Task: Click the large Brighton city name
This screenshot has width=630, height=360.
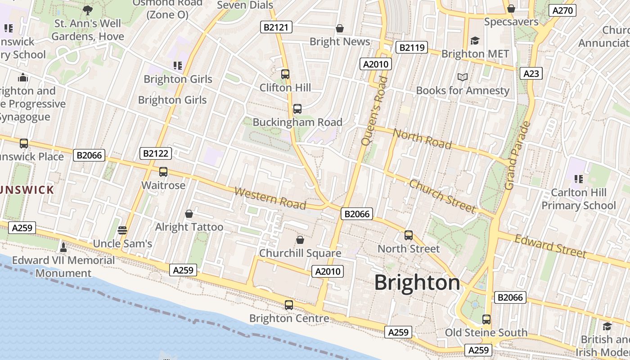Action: tap(417, 283)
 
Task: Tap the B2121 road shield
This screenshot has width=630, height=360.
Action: tap(276, 27)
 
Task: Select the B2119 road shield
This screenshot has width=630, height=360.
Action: tap(411, 47)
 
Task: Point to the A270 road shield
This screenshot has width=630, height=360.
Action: tap(562, 10)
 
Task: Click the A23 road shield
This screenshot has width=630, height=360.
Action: tap(531, 73)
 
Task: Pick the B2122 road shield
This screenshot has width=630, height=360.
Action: tap(156, 153)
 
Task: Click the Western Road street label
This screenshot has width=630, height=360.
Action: tap(270, 198)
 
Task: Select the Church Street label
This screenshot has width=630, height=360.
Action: tap(442, 196)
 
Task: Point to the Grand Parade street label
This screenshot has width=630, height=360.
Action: tap(518, 155)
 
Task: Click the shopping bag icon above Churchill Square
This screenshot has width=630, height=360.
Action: tap(300, 240)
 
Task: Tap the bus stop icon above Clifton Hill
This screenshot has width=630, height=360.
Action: tap(285, 74)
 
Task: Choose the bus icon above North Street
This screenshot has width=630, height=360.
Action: tap(409, 235)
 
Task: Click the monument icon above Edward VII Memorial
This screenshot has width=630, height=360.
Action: tap(63, 247)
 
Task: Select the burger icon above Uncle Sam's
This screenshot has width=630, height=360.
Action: tap(122, 230)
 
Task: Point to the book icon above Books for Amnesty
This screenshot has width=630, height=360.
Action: tap(463, 77)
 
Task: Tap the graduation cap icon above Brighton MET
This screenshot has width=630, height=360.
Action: tap(475, 41)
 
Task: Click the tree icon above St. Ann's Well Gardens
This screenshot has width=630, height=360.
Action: tap(88, 10)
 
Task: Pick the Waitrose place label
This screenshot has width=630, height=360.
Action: tap(163, 185)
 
